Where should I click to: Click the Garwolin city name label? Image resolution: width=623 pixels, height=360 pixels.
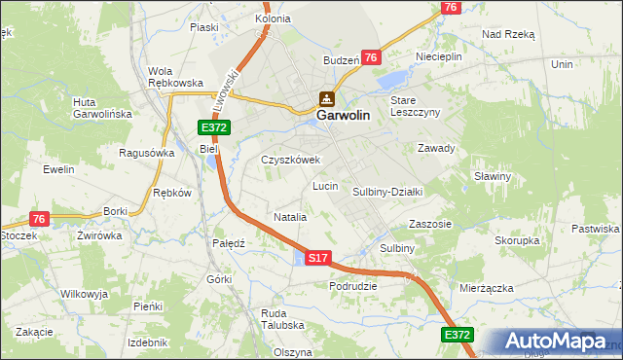click(342, 115)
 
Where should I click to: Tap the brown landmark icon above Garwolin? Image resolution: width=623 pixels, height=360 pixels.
click(326, 98)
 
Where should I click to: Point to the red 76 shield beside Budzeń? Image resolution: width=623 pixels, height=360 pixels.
click(371, 58)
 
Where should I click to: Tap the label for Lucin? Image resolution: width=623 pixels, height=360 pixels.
click(324, 185)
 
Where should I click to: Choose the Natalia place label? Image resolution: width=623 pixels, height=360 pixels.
click(290, 217)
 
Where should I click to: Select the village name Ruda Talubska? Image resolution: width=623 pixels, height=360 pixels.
click(282, 319)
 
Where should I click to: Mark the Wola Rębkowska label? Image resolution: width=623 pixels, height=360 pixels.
click(174, 77)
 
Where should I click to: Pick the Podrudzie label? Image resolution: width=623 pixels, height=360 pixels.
click(352, 286)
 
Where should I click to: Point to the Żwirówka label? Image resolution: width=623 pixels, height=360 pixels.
click(100, 235)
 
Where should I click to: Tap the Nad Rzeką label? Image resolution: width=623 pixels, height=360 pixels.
click(508, 33)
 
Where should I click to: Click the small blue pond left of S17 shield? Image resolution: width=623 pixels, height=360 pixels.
click(298, 258)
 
